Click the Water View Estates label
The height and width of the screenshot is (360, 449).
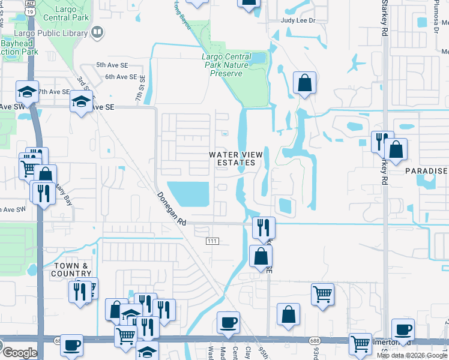pos(236,158)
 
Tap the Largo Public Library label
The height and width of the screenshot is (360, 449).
pos(57,31)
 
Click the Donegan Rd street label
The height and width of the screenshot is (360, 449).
pos(172,209)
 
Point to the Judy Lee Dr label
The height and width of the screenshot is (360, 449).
pos(298,20)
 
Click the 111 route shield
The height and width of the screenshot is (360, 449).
pos(212,241)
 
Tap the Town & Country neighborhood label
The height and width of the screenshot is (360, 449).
pos(71,269)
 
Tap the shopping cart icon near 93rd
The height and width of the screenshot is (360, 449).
pos(323,294)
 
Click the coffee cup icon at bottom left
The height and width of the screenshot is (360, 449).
pos(72,345)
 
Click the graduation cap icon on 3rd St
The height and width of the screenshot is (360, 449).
pos(81,102)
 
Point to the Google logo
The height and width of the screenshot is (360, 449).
pos(19,353)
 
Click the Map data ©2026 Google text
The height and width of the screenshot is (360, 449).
pos(412,355)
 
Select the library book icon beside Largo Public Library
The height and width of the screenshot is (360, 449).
pos(97,31)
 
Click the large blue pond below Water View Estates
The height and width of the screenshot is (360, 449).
pos(189,193)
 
